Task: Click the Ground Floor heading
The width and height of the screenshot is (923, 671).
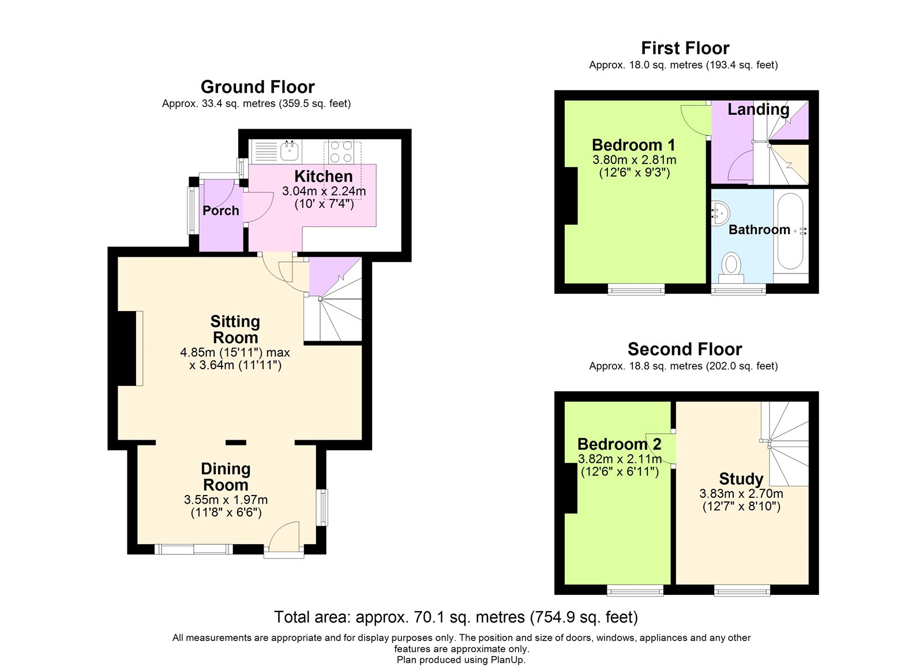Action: pos(257,87)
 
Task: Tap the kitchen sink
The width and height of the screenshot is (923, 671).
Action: pos(290,151)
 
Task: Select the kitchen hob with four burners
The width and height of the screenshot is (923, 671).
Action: pos(342,152)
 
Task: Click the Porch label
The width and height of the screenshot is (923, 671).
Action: pos(221,211)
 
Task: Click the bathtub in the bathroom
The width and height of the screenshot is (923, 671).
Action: pos(790,231)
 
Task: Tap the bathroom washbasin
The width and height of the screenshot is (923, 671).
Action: pos(721,213)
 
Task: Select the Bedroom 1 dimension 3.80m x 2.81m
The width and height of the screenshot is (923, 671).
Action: pos(634,160)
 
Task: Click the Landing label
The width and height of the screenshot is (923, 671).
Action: pos(758,109)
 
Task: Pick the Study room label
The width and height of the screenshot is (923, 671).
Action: pos(741,479)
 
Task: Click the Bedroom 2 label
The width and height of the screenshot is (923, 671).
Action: pos(620,444)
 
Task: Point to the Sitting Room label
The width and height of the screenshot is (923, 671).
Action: pos(235,329)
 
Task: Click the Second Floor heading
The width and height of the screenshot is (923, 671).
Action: pos(684,349)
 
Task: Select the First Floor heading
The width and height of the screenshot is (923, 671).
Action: pos(685,48)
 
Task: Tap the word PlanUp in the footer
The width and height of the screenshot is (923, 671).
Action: pos(507,660)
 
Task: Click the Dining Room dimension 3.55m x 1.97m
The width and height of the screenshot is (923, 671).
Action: pos(226,500)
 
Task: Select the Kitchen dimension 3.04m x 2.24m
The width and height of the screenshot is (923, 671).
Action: pos(324,191)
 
